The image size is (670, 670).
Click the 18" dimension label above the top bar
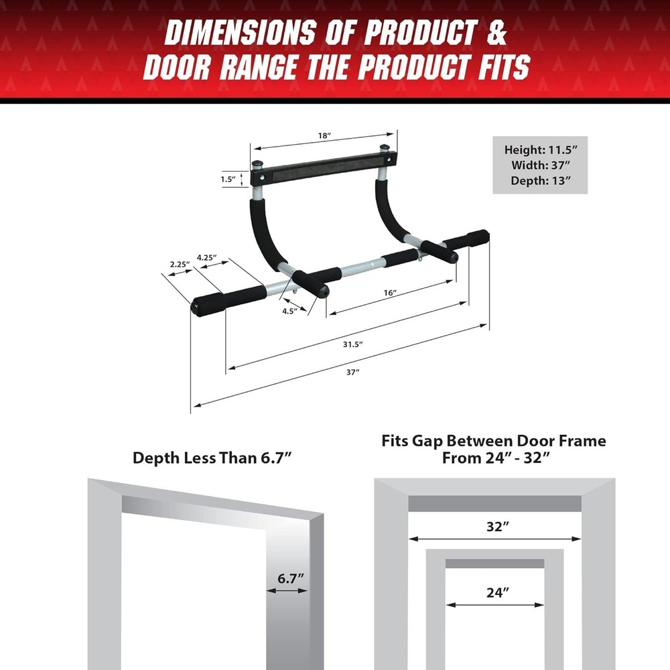pyautogui.click(x=324, y=136)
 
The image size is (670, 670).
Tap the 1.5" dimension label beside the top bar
pyautogui.click(x=229, y=180)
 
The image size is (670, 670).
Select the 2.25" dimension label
pyautogui.click(x=178, y=264)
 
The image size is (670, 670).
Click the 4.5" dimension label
pyautogui.click(x=289, y=311)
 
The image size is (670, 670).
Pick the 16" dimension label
pyautogui.click(x=391, y=293)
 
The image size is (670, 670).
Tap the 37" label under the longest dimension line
pyautogui.click(x=353, y=373)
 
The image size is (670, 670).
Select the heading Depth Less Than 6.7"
pyautogui.click(x=212, y=458)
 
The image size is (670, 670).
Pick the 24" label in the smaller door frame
pyautogui.click(x=494, y=592)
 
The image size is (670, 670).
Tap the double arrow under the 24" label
pyautogui.click(x=494, y=604)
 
